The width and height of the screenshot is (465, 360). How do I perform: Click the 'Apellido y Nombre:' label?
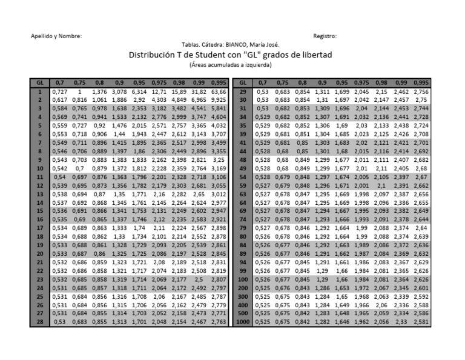click(56, 36)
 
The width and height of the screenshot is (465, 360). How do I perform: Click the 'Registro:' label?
click(325, 36)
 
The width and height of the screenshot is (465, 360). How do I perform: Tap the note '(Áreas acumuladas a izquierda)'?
click(230, 64)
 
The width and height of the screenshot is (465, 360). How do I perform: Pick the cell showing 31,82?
click(199, 91)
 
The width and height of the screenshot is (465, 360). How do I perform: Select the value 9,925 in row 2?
click(219, 99)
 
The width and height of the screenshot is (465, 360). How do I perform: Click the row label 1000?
click(243, 322)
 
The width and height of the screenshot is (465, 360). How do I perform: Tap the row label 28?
click(40, 322)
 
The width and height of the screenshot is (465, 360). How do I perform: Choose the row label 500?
click(243, 314)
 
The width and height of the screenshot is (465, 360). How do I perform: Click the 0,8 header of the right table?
click(302, 82)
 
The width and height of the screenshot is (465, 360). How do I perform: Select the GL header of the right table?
click(243, 82)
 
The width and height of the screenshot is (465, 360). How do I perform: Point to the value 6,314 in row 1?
click(139, 91)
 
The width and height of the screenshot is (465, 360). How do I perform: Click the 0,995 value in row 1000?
click(421, 322)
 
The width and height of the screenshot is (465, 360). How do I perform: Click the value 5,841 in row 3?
click(219, 108)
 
